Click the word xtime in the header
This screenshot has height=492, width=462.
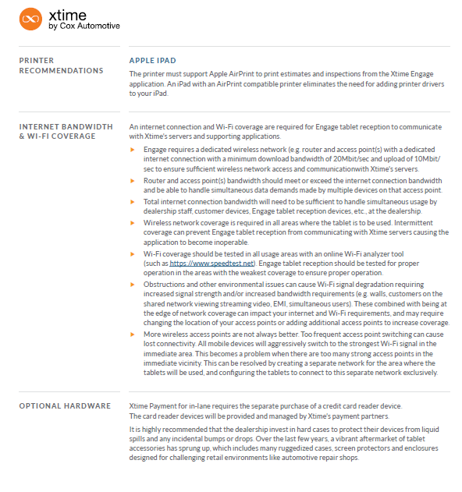pos(66,15)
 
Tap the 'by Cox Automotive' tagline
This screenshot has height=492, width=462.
pos(84,26)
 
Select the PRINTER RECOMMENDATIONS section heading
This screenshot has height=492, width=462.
pos(61,65)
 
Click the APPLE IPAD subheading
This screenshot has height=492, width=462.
pos(153,61)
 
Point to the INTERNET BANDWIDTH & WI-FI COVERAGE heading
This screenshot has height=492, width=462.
pos(66,131)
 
